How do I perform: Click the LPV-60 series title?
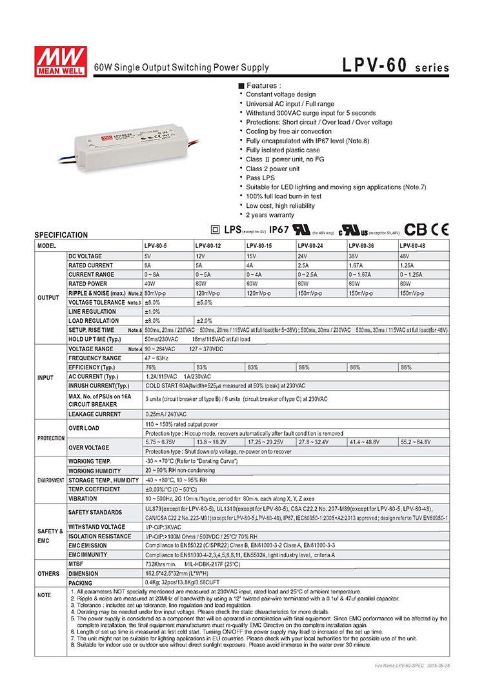[396, 66]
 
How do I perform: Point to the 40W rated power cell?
[151, 283]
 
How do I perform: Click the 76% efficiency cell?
[151, 367]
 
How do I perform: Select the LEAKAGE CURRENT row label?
[94, 414]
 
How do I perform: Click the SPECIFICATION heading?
[61, 236]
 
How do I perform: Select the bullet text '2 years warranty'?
[270, 214]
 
